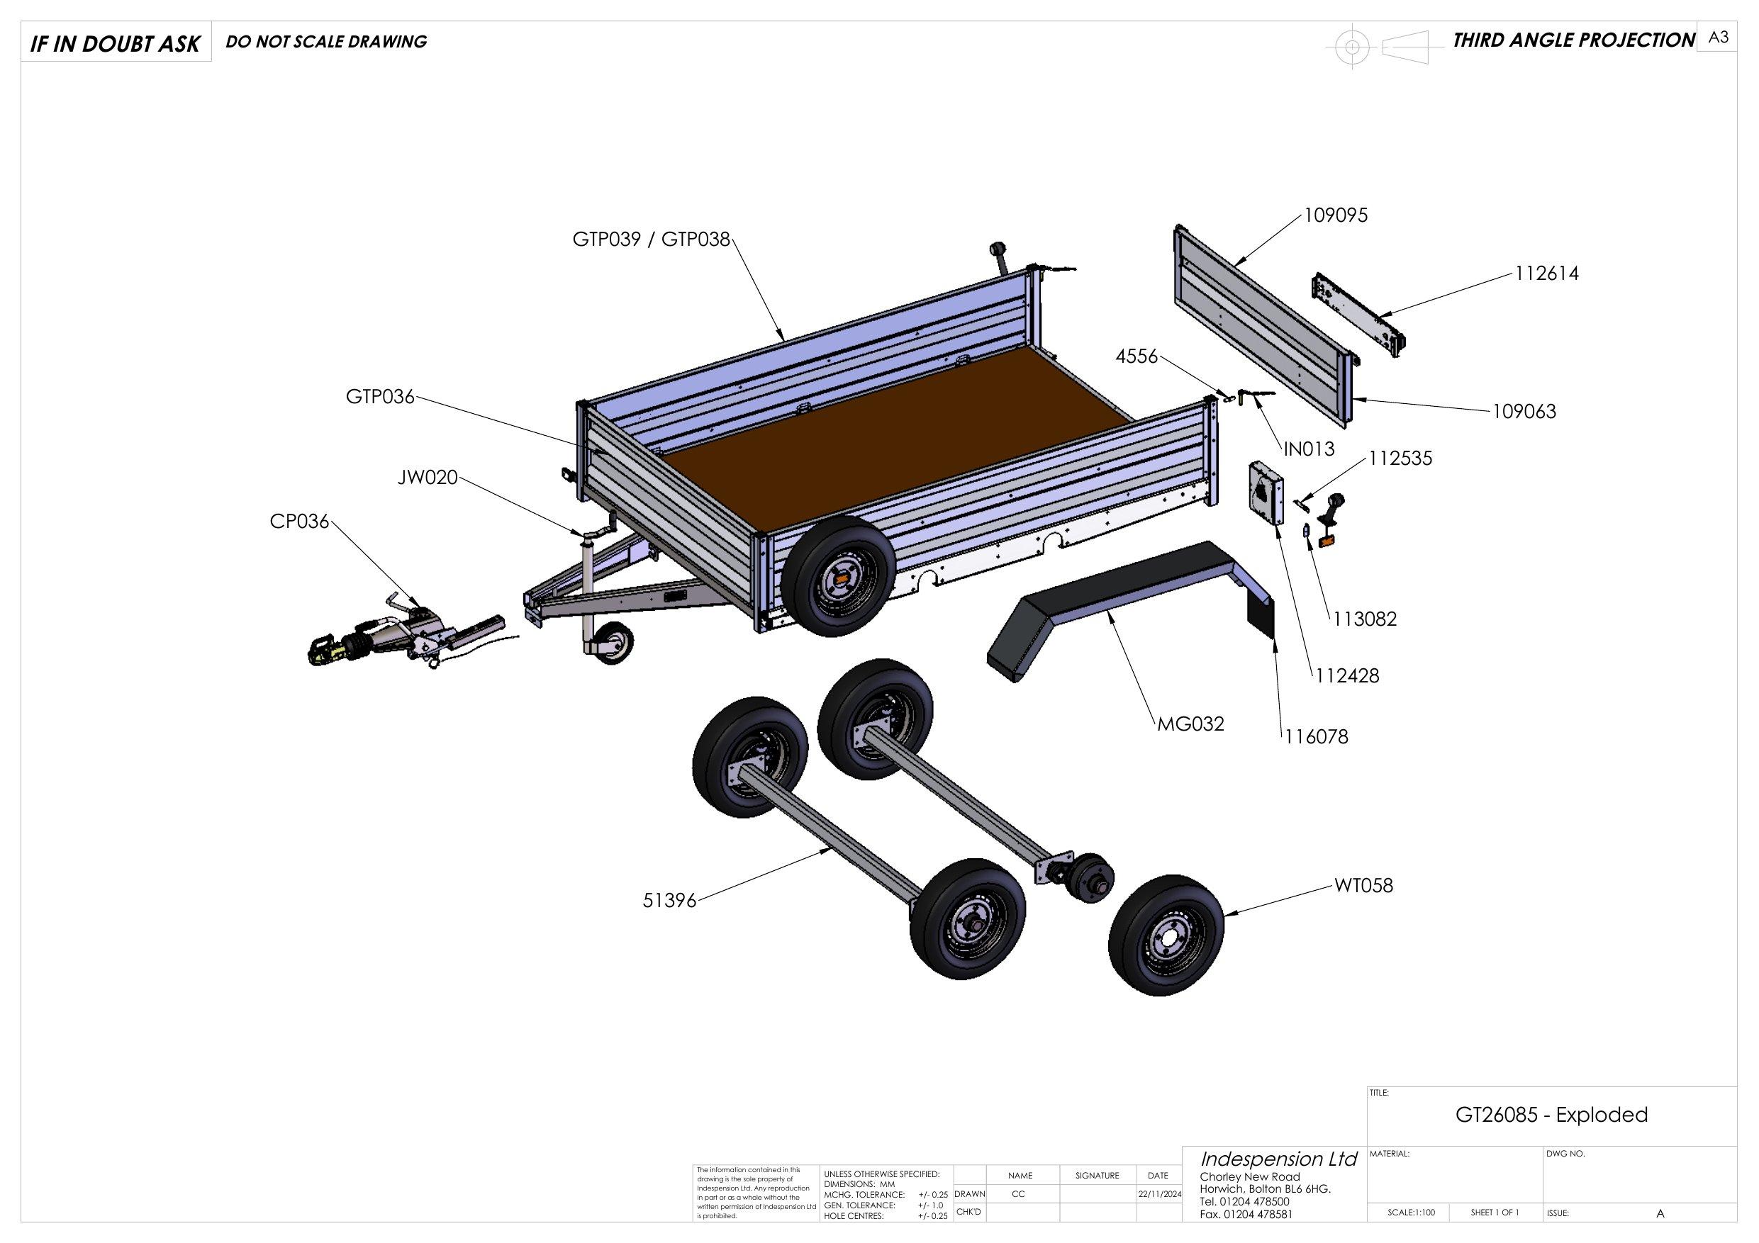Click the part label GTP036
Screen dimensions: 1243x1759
[x=380, y=397]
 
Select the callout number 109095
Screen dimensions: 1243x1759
[x=1336, y=216]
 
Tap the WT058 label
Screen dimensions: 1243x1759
[x=1363, y=886]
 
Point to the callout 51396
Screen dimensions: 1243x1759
[x=669, y=901]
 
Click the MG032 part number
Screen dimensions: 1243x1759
[x=1190, y=724]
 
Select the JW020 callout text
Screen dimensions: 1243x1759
[x=428, y=478]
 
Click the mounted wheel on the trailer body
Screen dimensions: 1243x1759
[x=838, y=575]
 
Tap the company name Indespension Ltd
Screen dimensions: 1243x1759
[x=1278, y=1159]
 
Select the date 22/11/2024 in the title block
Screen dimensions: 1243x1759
[x=1158, y=1194]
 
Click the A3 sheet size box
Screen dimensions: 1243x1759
[x=1719, y=38]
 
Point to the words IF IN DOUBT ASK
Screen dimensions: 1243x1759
[x=115, y=45]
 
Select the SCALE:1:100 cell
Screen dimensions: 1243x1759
[x=1410, y=1213]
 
